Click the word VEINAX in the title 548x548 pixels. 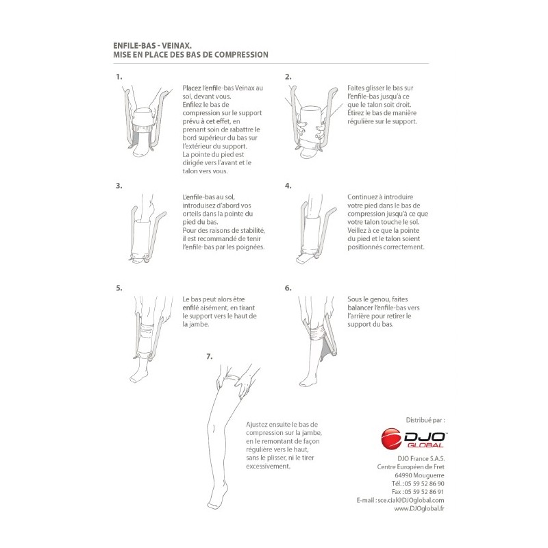coord(176,45)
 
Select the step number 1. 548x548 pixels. coord(119,77)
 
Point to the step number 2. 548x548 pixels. coord(288,77)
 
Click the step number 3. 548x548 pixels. coord(119,186)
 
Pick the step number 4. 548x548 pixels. coord(288,186)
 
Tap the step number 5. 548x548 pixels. coord(119,288)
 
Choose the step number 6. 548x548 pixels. coord(288,288)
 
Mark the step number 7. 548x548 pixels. coord(210,357)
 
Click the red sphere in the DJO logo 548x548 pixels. coord(391,438)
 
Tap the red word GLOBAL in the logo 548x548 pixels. coord(425,445)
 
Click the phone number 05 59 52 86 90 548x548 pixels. coord(424,484)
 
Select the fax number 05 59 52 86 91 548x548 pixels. coord(424,492)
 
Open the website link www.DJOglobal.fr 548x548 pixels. coord(419,509)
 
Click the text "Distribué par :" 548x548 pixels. coord(425,421)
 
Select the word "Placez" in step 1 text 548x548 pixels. coord(192,88)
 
